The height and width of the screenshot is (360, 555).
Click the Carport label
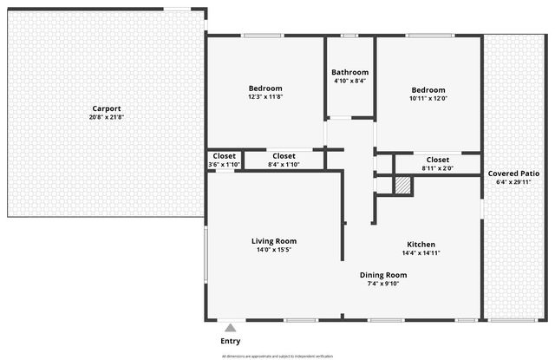coord(107,108)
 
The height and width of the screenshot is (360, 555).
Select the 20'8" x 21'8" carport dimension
coord(107,117)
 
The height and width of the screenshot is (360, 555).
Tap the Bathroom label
coord(349,72)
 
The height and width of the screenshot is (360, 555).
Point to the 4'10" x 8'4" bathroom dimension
coord(349,81)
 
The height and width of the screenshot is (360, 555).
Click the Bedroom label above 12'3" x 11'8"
coord(265,88)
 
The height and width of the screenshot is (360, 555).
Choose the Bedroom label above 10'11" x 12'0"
coord(428,90)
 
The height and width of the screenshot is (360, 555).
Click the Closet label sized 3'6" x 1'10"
coord(224,156)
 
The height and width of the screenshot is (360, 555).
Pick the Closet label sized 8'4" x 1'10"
coord(284,156)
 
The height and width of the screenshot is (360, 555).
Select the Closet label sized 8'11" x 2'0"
coord(438,160)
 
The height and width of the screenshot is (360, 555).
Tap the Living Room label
coord(274,241)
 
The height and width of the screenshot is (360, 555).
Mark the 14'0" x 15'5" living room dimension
coord(274,250)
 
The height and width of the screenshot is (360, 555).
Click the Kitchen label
coord(421,245)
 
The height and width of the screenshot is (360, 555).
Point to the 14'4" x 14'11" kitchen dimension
coord(421,253)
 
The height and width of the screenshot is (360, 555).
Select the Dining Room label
coord(383,275)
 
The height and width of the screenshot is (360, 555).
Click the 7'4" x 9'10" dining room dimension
coord(383,284)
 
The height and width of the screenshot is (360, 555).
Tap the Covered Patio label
coord(513,173)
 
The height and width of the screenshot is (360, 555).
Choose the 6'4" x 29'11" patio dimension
coord(513,182)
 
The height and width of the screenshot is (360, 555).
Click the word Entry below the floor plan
coord(231,341)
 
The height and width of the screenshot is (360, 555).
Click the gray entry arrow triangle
coord(230,328)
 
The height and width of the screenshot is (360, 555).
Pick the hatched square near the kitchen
coord(403,185)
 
